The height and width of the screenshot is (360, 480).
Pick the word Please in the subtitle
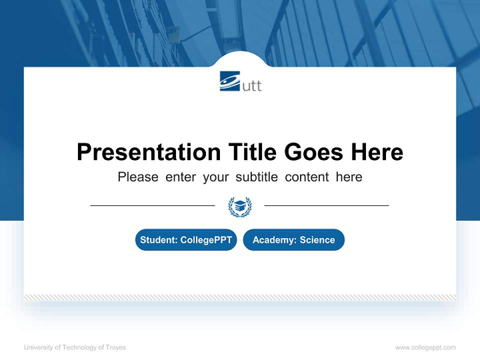pyautogui.click(x=138, y=177)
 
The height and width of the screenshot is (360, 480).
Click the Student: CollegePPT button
pyautogui.click(x=186, y=240)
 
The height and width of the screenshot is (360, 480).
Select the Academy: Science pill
pyautogui.click(x=293, y=240)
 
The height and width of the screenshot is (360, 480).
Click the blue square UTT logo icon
pyautogui.click(x=230, y=81)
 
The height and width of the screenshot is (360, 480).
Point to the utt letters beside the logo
pyautogui.click(x=252, y=85)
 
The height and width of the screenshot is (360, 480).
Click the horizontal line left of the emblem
pyautogui.click(x=152, y=205)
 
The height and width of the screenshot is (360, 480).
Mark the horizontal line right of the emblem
pyautogui.click(x=326, y=205)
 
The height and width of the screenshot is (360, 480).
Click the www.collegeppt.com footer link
pyautogui.click(x=425, y=347)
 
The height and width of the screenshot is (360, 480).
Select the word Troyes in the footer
pyautogui.click(x=116, y=347)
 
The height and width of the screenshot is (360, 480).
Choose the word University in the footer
pyautogui.click(x=38, y=347)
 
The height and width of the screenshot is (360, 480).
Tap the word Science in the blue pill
pyautogui.click(x=317, y=240)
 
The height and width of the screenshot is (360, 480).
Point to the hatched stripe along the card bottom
pyautogui.click(x=240, y=297)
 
